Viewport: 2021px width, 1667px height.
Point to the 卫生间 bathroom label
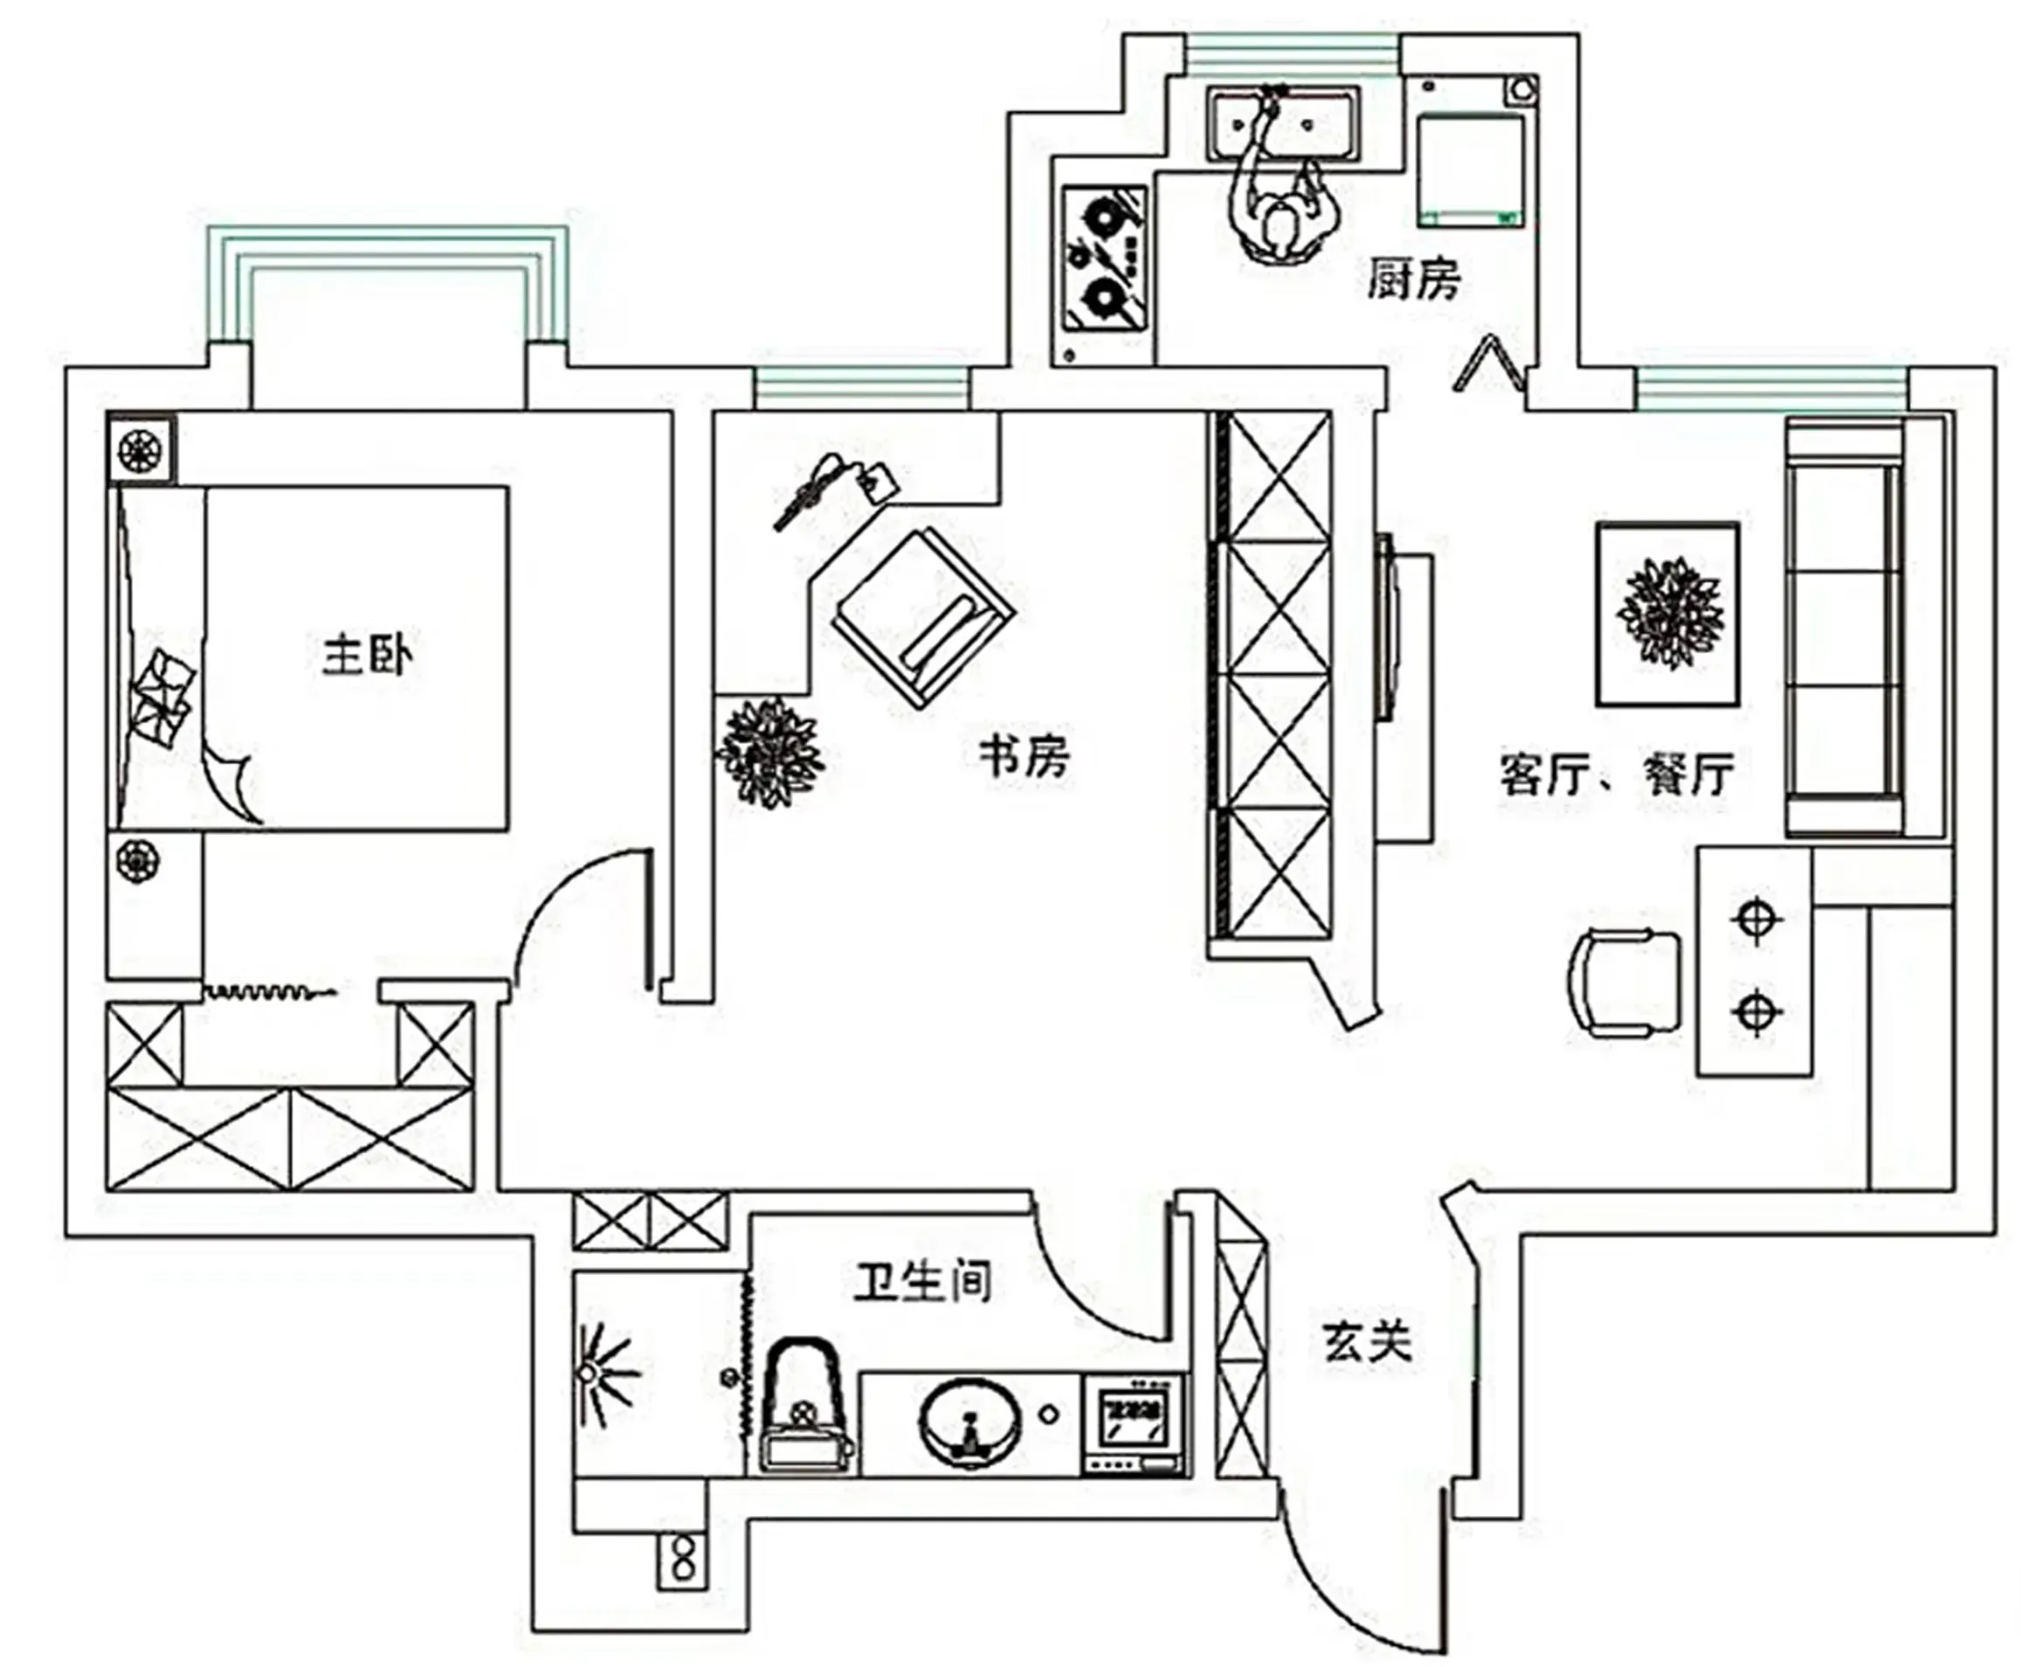click(x=923, y=1282)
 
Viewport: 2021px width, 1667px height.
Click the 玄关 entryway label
click(x=1367, y=1341)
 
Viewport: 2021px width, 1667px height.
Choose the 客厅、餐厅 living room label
click(x=1617, y=773)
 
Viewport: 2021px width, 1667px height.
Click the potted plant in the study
click(x=769, y=752)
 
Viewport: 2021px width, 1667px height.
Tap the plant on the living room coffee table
click(x=1669, y=613)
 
